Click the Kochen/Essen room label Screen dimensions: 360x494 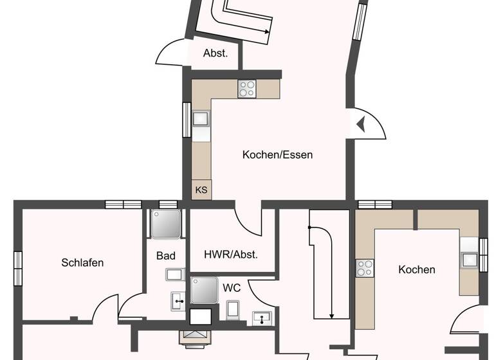277,155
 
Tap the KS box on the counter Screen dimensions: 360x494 201,190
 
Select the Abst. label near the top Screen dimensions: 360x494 215,54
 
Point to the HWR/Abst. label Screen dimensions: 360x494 230,255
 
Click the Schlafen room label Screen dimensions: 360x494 82,262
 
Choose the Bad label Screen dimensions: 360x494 165,256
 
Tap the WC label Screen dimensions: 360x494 232,288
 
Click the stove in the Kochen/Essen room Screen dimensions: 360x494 247,88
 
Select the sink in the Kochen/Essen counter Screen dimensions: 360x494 201,119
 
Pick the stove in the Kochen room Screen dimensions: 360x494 365,267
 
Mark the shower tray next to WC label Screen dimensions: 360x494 204,290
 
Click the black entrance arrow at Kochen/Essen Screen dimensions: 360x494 360,123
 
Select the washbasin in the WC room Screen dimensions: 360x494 262,317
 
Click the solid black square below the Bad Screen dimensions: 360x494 201,317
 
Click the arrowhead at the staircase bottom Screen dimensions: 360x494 331,316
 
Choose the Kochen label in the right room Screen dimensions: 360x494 416,270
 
